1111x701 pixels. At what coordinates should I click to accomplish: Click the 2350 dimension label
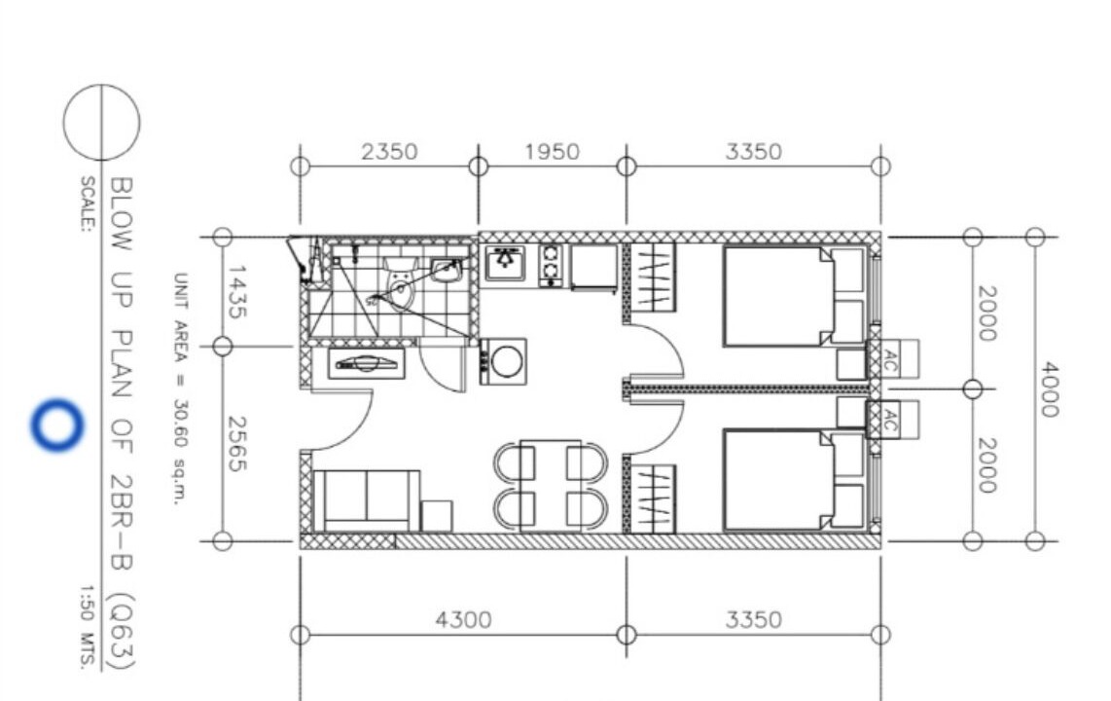[x=389, y=152]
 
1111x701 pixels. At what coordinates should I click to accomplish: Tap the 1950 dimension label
[x=552, y=152]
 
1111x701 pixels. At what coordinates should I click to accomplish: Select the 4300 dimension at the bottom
[x=463, y=620]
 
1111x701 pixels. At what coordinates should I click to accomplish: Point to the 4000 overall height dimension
[x=1049, y=389]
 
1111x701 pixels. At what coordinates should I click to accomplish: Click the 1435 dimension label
[x=236, y=292]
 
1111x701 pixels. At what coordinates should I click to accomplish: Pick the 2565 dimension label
[x=236, y=444]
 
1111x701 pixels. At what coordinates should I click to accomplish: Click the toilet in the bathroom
[x=400, y=282]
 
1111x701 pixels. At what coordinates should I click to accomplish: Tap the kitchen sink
[x=505, y=263]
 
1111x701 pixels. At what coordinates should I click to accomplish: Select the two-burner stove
[x=551, y=265]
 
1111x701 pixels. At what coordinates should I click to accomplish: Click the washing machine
[x=503, y=361]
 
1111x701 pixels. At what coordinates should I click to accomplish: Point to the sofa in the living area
[x=366, y=500]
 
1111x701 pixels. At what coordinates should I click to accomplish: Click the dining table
[x=551, y=486]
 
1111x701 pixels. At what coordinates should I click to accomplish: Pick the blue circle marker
[x=56, y=425]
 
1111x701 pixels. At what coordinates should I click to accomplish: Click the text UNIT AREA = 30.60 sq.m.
[x=181, y=388]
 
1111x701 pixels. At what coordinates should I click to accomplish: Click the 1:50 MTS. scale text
[x=87, y=627]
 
